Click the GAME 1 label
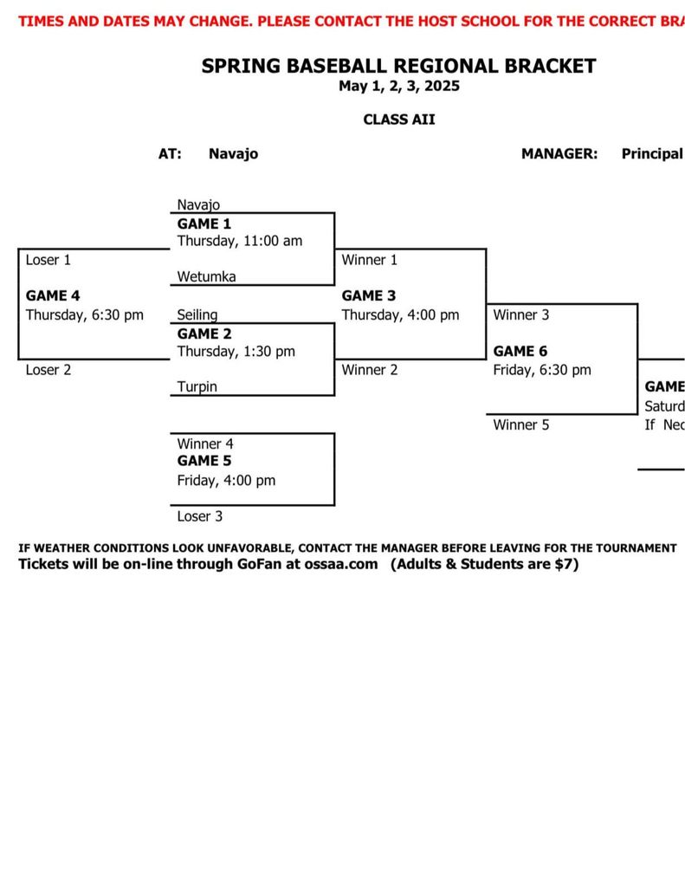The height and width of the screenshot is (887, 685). tap(198, 223)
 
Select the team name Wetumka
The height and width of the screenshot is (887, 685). tap(206, 276)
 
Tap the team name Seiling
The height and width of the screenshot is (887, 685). tap(197, 315)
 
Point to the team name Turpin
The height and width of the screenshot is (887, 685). tap(197, 387)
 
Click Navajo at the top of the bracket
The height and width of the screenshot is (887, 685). tap(198, 205)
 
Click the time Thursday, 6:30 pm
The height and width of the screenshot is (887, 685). tap(84, 314)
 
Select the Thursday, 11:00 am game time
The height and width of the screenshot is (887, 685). tap(240, 241)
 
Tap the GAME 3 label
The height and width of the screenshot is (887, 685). tap(369, 295)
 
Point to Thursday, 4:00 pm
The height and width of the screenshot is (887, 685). tap(400, 314)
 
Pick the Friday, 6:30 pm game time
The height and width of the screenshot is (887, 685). tap(542, 370)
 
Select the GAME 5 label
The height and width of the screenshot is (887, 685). tap(204, 461)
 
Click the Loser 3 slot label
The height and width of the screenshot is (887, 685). tap(200, 516)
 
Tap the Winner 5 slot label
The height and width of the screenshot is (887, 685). tap(521, 424)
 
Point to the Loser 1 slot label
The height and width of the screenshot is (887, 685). tap(48, 259)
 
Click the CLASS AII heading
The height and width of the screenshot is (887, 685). tap(398, 120)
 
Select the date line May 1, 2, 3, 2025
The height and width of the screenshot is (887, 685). tap(398, 86)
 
